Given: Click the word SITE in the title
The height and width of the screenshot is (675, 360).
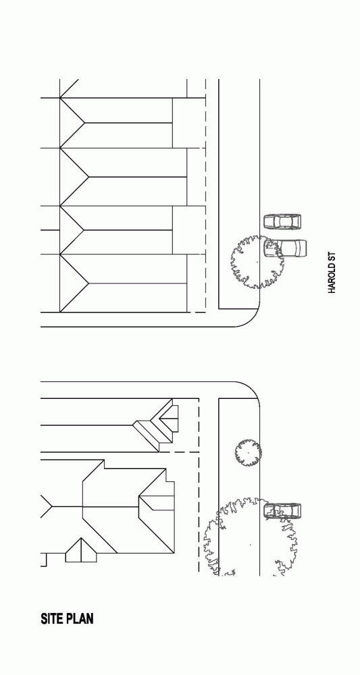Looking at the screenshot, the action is pos(51,618).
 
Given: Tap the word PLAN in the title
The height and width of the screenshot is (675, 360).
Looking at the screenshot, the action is pos(79,618).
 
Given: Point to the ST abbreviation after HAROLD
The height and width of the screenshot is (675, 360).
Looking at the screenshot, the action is pos(332,257).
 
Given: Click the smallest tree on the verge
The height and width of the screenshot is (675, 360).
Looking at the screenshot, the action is pos(249,453).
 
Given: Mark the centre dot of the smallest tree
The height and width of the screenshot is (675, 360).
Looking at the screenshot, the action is pos(249,453).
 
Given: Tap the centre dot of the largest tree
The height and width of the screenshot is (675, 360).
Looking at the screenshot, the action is pos(251,545).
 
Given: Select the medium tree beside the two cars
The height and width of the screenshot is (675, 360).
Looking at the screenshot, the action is pos(257,262).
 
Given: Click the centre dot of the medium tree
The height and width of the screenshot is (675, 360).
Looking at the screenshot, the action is pos(257,262).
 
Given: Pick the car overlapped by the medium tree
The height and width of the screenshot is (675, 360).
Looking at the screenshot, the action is pos(285,248).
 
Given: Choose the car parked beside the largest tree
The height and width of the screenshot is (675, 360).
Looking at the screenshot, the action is pos(282,511).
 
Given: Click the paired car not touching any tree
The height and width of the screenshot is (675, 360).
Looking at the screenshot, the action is pos(282,222).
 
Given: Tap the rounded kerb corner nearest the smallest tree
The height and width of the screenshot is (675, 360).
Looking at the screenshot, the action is pos(253,389).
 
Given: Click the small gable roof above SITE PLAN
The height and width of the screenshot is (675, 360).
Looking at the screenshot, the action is pos(81,550).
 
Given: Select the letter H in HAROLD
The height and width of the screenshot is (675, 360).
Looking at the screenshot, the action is pos(332,292).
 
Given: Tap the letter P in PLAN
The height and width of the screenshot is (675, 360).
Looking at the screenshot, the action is pos(68,618).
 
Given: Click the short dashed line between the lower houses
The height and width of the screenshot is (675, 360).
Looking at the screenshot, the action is pos(179,452).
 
